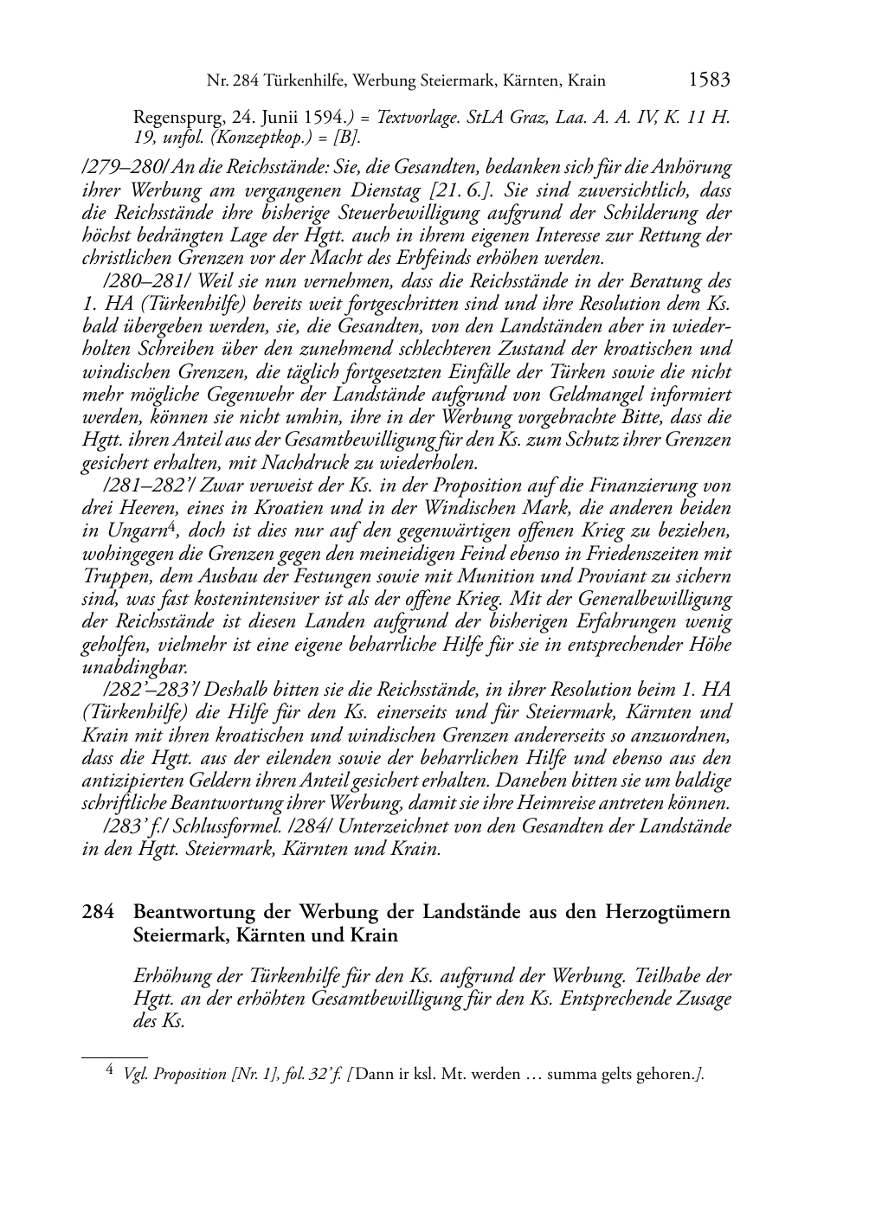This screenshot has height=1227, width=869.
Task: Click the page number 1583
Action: pyautogui.click(x=709, y=80)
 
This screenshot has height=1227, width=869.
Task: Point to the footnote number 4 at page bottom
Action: pyautogui.click(x=109, y=1070)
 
